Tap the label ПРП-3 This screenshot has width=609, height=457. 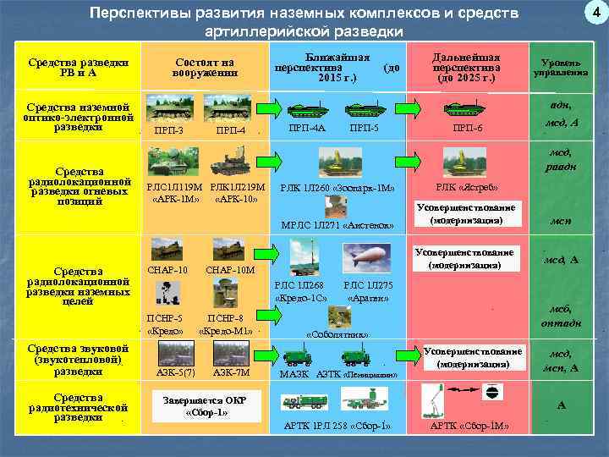[x=169, y=129]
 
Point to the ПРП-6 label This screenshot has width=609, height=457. [x=467, y=128]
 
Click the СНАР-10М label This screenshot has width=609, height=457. [x=230, y=270]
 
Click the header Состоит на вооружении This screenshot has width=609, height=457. [x=204, y=67]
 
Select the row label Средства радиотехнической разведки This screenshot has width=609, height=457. [x=79, y=407]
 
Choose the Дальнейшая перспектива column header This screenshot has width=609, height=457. [x=466, y=65]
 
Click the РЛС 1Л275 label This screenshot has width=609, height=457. [x=368, y=288]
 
